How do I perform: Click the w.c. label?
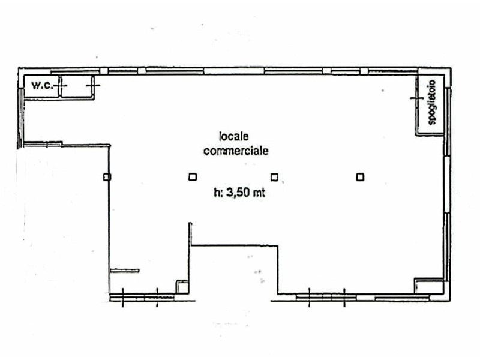click(41, 86)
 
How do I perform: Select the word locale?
click(233, 137)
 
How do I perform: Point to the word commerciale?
click(236, 151)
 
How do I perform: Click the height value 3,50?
click(238, 193)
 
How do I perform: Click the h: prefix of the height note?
click(218, 193)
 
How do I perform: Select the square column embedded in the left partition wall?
click(107, 176)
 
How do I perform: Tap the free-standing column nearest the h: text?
click(192, 176)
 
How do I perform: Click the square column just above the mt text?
click(274, 176)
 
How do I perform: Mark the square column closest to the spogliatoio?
click(360, 176)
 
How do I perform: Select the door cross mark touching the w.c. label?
click(63, 86)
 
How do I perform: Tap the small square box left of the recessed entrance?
click(181, 286)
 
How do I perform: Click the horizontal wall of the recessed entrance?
click(234, 245)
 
